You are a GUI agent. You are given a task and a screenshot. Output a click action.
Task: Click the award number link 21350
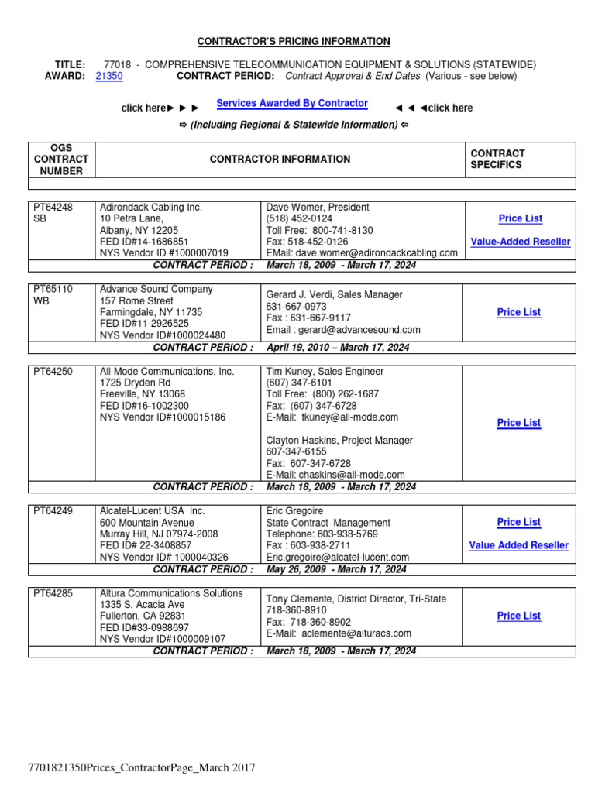coord(108,77)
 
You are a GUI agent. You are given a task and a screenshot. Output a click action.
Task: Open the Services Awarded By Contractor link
coord(292,103)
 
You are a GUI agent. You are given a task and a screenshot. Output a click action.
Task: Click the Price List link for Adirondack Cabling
coord(520,218)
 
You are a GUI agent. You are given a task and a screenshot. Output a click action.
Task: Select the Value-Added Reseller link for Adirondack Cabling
coord(520,242)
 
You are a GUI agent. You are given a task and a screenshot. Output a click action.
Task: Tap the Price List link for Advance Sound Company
coord(519,312)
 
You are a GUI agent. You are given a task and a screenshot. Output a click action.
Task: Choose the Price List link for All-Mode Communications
coord(519,423)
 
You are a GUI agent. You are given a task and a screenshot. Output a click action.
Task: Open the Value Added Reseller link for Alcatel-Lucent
coord(518,545)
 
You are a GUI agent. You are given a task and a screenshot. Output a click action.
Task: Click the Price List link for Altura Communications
coord(519,616)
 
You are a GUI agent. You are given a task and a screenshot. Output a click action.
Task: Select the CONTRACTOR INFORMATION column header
coord(280,160)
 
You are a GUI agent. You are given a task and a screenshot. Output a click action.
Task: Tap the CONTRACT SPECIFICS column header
coord(497,159)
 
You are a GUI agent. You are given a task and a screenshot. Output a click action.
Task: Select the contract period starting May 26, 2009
coord(336,569)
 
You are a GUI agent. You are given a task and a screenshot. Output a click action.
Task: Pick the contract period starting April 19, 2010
coord(337,348)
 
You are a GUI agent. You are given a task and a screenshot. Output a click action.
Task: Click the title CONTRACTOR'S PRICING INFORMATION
coord(294,42)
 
